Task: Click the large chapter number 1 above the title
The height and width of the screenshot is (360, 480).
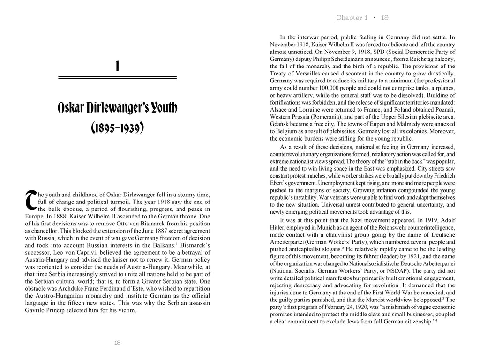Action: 117,67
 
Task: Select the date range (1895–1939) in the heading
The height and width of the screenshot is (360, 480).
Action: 117,127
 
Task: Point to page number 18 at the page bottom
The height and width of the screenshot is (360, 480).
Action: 117,343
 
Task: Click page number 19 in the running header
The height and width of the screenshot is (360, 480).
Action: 385,18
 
